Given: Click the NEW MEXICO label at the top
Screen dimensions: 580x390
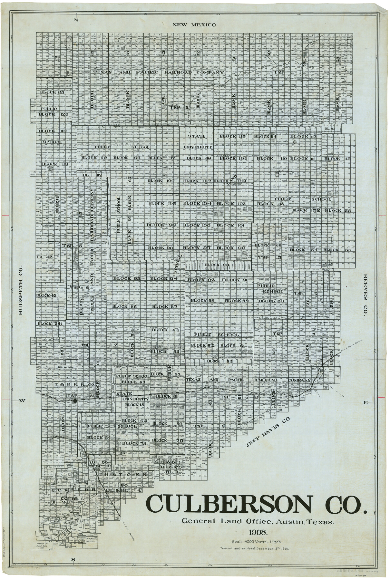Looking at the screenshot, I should (193, 24).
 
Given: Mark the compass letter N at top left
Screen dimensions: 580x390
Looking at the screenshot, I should (76, 20).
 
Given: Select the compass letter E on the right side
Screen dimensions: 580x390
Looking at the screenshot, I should (366, 402).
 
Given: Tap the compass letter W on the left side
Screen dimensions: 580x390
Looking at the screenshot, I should (23, 401).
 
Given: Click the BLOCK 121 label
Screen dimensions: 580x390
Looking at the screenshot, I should (53, 92).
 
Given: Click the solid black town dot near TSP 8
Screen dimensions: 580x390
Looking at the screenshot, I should (75, 401).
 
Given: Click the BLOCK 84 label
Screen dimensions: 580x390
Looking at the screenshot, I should (165, 330).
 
